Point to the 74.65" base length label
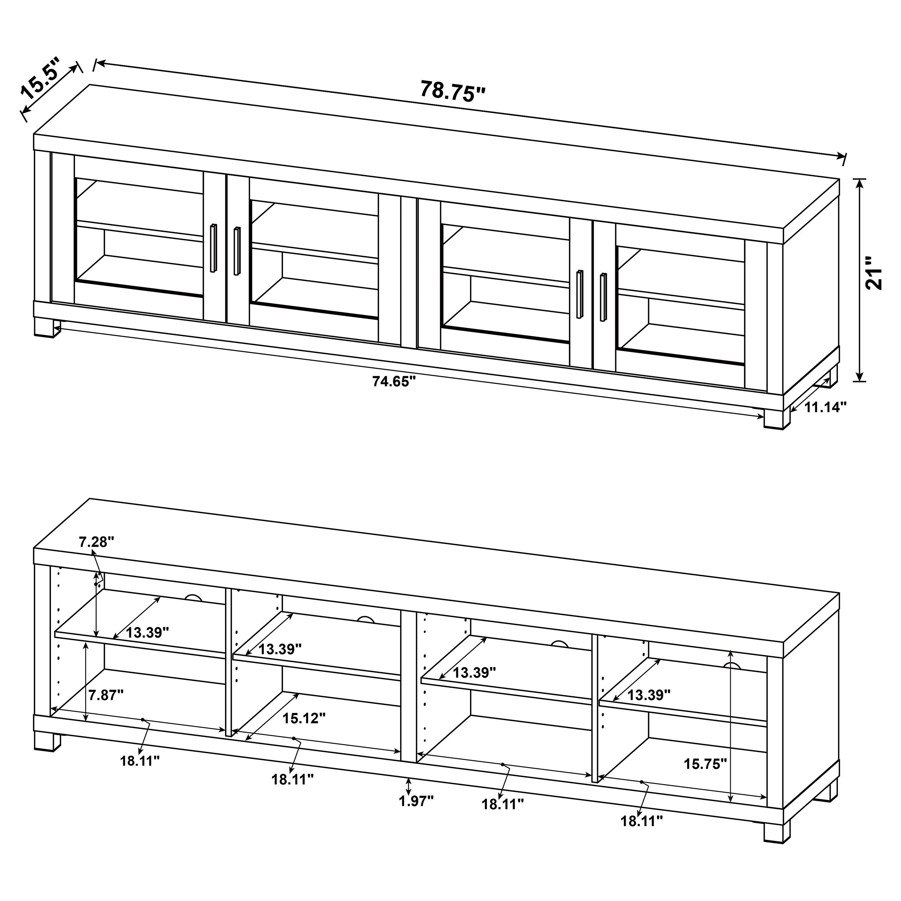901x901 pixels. coord(394,381)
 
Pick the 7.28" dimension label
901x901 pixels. coord(96,542)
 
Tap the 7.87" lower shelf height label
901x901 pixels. coord(106,695)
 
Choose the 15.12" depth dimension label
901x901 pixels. coord(303,718)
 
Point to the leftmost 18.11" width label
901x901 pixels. coord(139,761)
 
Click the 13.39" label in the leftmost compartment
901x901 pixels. coord(147,633)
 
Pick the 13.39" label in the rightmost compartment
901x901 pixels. coord(648,695)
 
